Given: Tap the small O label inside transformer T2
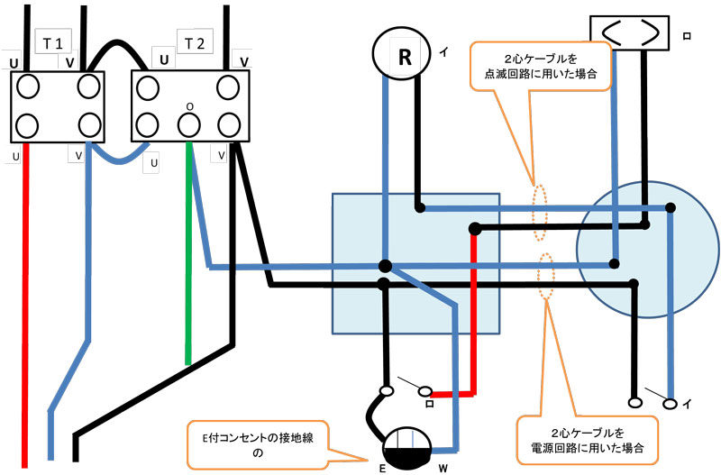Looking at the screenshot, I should coord(190,105).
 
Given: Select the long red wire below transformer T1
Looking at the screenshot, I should coord(26,306).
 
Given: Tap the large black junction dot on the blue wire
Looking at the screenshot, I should coord(385,266).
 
